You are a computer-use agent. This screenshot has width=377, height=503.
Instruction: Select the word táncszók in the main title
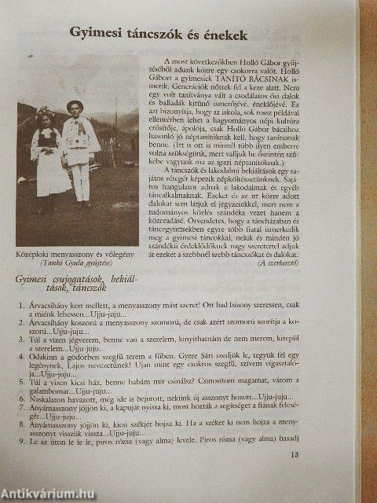[161, 34]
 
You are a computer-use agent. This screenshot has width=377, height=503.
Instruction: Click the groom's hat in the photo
[75, 106]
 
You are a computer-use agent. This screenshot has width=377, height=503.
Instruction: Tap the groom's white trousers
[79, 182]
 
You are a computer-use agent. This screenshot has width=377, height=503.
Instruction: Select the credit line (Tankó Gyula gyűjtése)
[77, 266]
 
